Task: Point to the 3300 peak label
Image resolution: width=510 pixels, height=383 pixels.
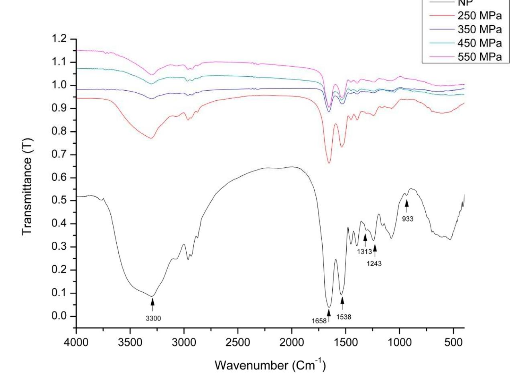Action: pyautogui.click(x=153, y=319)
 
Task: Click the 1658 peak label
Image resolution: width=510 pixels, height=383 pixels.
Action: pyautogui.click(x=319, y=321)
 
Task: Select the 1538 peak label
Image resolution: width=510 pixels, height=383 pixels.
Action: pyautogui.click(x=344, y=317)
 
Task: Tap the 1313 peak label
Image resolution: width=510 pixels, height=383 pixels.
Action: pyautogui.click(x=364, y=252)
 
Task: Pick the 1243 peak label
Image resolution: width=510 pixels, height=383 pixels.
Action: pyautogui.click(x=374, y=264)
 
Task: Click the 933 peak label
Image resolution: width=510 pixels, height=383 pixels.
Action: pyautogui.click(x=408, y=219)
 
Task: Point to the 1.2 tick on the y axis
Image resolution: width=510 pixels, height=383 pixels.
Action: pyautogui.click(x=60, y=39)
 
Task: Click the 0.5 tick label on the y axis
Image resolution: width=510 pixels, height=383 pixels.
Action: pyautogui.click(x=60, y=201)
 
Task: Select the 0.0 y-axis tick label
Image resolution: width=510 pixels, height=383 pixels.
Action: pyautogui.click(x=60, y=316)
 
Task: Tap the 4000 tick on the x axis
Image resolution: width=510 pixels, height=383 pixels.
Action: pyautogui.click(x=76, y=344)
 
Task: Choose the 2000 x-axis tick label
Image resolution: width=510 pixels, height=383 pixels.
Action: pyautogui.click(x=292, y=344)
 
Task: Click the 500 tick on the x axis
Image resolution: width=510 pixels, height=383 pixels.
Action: pyautogui.click(x=453, y=344)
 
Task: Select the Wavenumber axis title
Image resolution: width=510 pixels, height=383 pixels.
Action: pyautogui.click(x=270, y=365)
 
